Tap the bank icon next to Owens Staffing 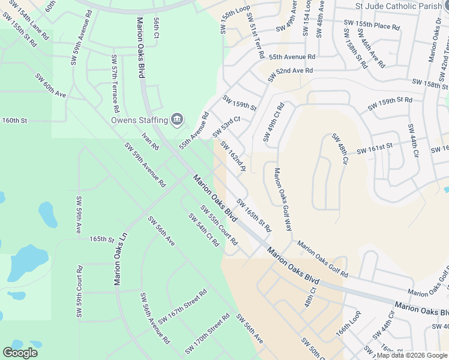click(177, 120)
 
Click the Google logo click(20, 353)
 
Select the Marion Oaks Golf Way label click(283, 200)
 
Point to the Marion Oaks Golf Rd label click(323, 259)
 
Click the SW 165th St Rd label click(254, 215)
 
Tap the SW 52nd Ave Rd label click(291, 73)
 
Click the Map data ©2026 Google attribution click(412, 355)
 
